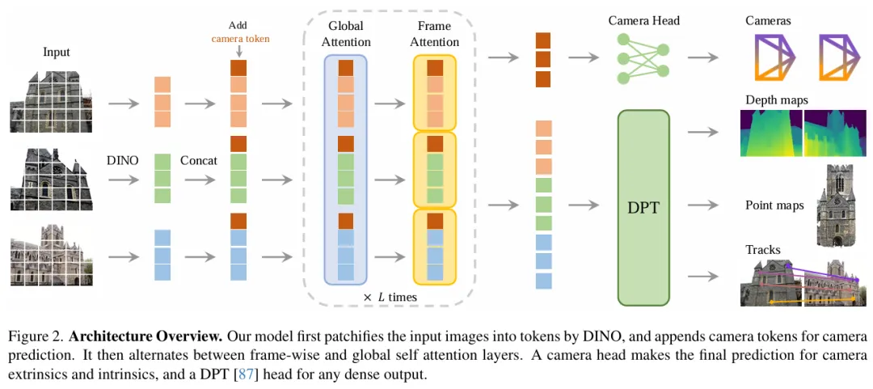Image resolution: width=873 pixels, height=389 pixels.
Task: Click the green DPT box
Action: (643, 206)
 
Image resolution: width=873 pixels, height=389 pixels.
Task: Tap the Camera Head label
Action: (643, 20)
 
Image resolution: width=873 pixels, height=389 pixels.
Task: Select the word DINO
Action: (122, 160)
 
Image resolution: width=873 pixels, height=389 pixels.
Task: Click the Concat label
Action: (199, 160)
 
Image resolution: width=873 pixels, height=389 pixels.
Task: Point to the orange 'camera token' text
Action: (241, 38)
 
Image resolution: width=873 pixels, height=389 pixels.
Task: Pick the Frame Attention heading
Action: (434, 34)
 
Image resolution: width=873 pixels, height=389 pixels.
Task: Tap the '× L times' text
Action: (390, 298)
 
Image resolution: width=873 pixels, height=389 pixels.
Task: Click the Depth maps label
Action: (776, 99)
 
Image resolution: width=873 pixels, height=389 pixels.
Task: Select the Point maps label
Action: (774, 205)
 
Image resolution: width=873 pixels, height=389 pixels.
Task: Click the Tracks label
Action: (762, 250)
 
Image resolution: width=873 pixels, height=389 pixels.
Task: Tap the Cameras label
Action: (768, 20)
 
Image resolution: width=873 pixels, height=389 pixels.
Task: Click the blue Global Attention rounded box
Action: (346, 169)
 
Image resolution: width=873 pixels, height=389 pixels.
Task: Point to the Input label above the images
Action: (57, 53)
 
